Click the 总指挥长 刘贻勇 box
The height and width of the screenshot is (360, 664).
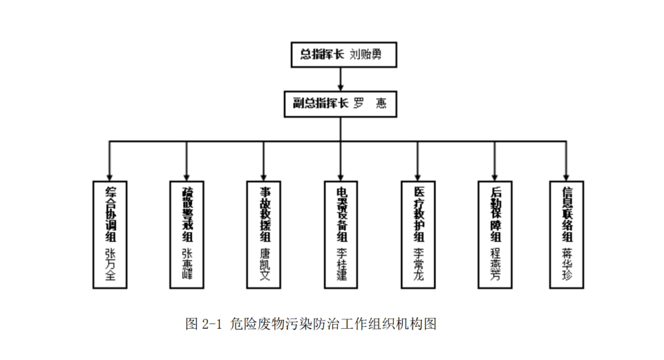click(x=344, y=55)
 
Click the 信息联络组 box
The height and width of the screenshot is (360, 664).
click(x=567, y=235)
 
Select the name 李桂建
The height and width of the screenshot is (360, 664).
click(x=341, y=266)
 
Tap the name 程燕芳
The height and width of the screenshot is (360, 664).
click(x=495, y=266)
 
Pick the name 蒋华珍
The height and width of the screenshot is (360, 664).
click(x=567, y=266)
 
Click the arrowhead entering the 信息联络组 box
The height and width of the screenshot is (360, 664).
click(x=567, y=177)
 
